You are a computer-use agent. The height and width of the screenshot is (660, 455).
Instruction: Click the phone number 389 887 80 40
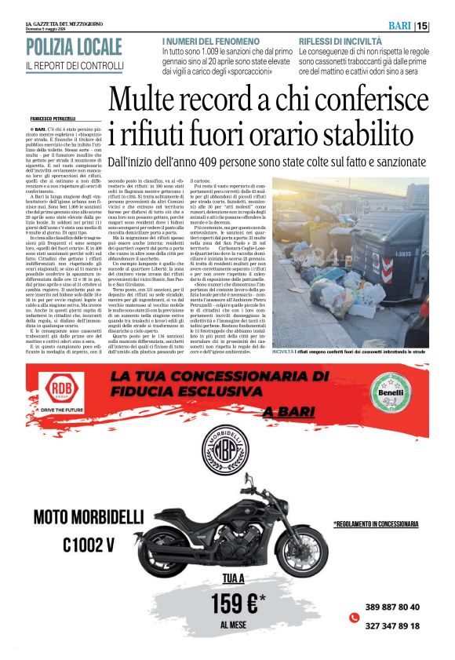click(392, 607)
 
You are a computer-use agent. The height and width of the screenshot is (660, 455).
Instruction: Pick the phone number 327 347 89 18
click(392, 625)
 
